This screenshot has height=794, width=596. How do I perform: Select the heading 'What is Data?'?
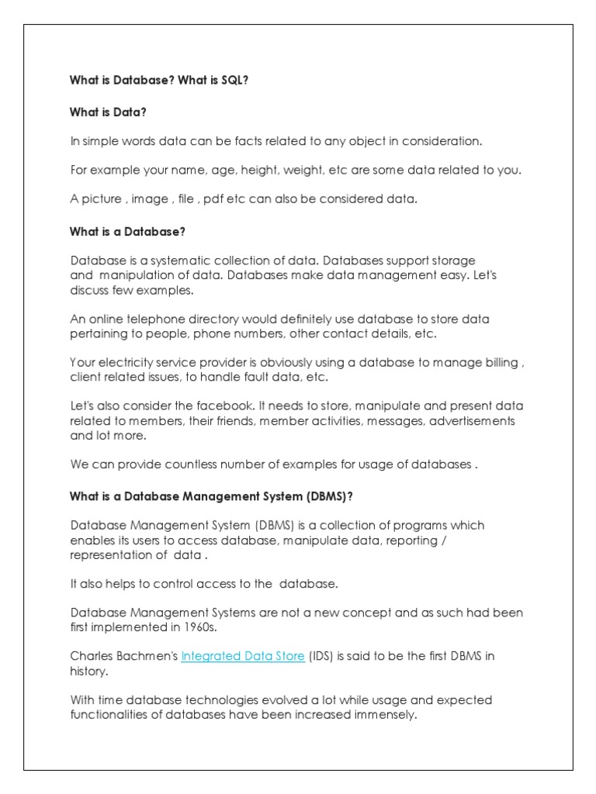108,112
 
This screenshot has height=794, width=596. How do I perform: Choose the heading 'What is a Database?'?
128,232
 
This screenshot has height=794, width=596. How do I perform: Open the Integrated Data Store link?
242,656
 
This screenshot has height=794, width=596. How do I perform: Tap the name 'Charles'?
92,656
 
